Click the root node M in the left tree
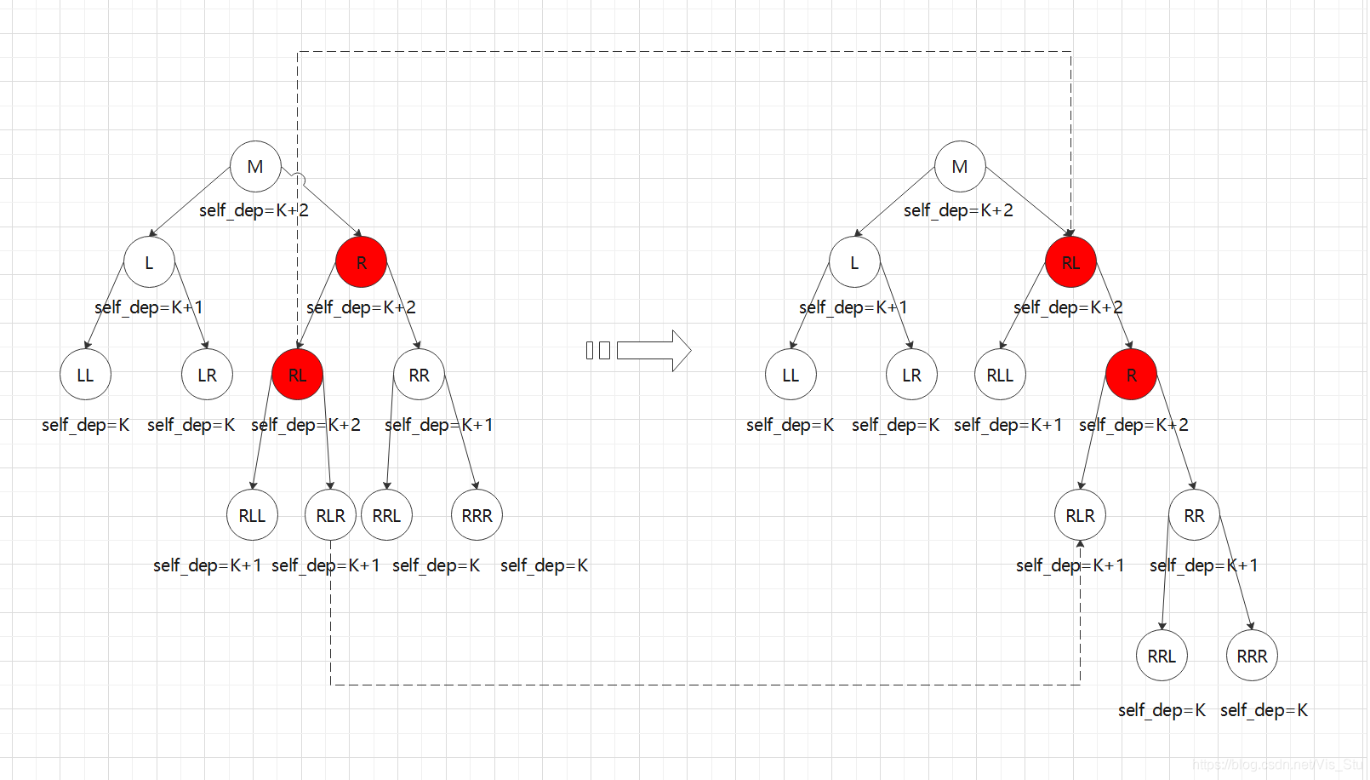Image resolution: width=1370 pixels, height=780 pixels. click(255, 167)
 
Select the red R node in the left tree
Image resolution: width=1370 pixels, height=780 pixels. click(362, 262)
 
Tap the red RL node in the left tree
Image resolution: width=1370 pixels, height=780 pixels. click(297, 375)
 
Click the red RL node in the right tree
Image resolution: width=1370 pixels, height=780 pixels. click(1070, 262)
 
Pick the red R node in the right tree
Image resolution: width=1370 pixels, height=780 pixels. click(1131, 375)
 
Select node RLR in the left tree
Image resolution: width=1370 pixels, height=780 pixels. click(330, 515)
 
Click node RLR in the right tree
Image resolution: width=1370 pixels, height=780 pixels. click(1080, 515)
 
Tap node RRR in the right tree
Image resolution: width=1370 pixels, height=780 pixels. click(1252, 656)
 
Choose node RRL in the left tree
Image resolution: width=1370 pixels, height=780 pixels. click(386, 515)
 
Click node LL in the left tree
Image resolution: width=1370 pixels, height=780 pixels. click(85, 375)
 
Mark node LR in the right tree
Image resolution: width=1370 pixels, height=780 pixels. click(911, 375)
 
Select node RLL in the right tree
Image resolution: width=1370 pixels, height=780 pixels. click(1000, 375)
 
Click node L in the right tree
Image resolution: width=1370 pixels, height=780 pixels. click(854, 262)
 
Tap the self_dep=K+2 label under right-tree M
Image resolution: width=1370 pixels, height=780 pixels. click(958, 210)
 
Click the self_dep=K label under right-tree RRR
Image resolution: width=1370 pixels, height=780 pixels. click(1264, 710)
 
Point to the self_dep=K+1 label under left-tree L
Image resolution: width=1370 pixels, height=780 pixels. click(149, 307)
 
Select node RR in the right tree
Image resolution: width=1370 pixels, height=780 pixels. click(1194, 515)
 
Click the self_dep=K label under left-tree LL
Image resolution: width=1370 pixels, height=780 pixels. click(85, 425)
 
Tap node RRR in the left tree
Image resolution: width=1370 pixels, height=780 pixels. click(477, 515)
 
